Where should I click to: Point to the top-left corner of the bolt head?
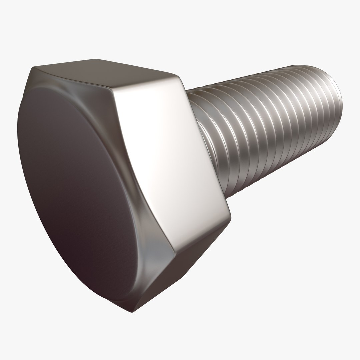pyautogui.click(x=33, y=68)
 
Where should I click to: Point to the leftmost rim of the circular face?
pyautogui.click(x=18, y=133)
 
